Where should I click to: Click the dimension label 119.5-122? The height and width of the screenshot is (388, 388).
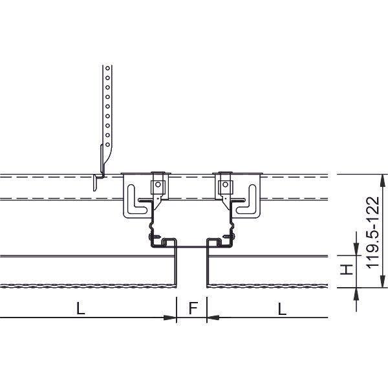373,233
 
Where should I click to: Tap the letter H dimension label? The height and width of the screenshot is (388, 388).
347,270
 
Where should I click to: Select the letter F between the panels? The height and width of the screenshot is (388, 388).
193,308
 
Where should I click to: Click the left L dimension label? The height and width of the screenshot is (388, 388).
81,308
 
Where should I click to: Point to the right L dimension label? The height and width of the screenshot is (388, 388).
282,308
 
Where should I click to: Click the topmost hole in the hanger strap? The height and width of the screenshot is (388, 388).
107,68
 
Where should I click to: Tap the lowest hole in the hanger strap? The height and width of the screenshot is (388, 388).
107,144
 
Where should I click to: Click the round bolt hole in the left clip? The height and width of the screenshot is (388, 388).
158,184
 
